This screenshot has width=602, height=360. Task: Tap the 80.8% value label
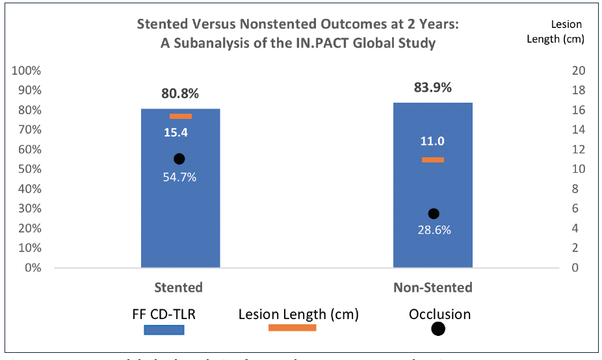180,94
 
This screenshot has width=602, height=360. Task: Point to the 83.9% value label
432,87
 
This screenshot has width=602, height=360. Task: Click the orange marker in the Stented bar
180,116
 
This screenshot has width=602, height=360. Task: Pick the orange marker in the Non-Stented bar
432,160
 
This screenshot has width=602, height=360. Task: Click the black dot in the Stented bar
179,159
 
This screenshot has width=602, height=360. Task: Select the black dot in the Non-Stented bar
434,214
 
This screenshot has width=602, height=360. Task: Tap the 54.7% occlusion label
180,177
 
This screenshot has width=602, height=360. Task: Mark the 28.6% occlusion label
434,230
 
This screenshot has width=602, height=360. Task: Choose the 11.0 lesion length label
432,142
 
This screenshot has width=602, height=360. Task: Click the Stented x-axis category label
178,287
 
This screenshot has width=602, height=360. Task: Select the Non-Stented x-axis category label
432,287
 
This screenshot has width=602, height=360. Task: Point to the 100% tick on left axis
27,70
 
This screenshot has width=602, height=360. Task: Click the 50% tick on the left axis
29,169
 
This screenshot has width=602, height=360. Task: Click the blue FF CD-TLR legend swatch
164,329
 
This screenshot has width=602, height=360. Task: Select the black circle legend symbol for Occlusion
438,329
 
